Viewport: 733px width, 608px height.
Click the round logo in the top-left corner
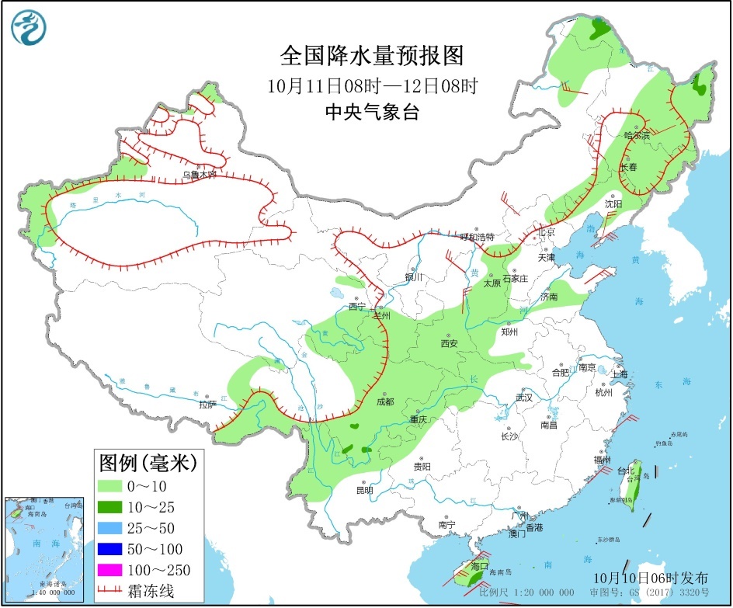click(x=29, y=28)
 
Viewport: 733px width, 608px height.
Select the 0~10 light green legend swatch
click(x=110, y=487)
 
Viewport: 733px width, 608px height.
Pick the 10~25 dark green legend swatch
click(x=110, y=508)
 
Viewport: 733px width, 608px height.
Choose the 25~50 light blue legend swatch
click(x=110, y=529)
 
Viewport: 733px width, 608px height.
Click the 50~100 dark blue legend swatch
click(x=110, y=550)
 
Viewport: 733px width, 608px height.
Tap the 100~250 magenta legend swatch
click(x=110, y=571)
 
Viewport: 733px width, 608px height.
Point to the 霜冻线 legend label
click(x=158, y=591)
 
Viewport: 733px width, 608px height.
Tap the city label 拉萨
click(x=207, y=405)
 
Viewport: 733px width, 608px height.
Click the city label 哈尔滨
click(x=637, y=135)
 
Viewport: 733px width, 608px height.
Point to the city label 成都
click(x=384, y=401)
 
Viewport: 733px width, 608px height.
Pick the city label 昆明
click(x=363, y=490)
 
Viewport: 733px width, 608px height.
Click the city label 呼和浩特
click(x=477, y=237)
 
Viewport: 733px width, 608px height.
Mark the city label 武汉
click(x=524, y=398)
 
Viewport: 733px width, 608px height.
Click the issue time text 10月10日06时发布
click(x=650, y=578)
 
